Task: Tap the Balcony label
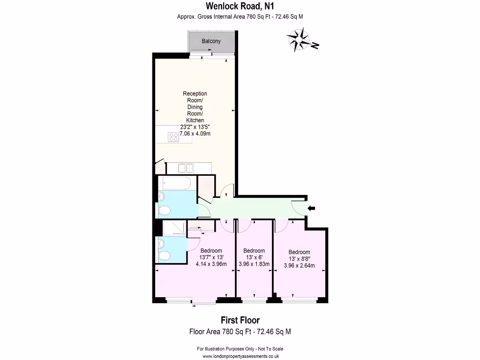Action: pos(211,41)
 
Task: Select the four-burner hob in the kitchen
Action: pos(173,137)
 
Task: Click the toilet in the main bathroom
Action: pos(164,211)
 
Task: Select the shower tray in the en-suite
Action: pos(173,228)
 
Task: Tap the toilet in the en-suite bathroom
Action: pos(164,255)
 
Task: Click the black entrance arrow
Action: pos(312,208)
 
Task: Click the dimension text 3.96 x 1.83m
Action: pos(254,264)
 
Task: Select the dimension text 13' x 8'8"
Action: pos(299,259)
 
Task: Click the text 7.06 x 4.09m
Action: pos(195,134)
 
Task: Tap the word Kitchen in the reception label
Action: pos(195,120)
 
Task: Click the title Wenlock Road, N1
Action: pos(240,6)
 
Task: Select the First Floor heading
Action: pos(240,321)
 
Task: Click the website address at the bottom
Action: pos(240,356)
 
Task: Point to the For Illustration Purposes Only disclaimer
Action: pos(240,349)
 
